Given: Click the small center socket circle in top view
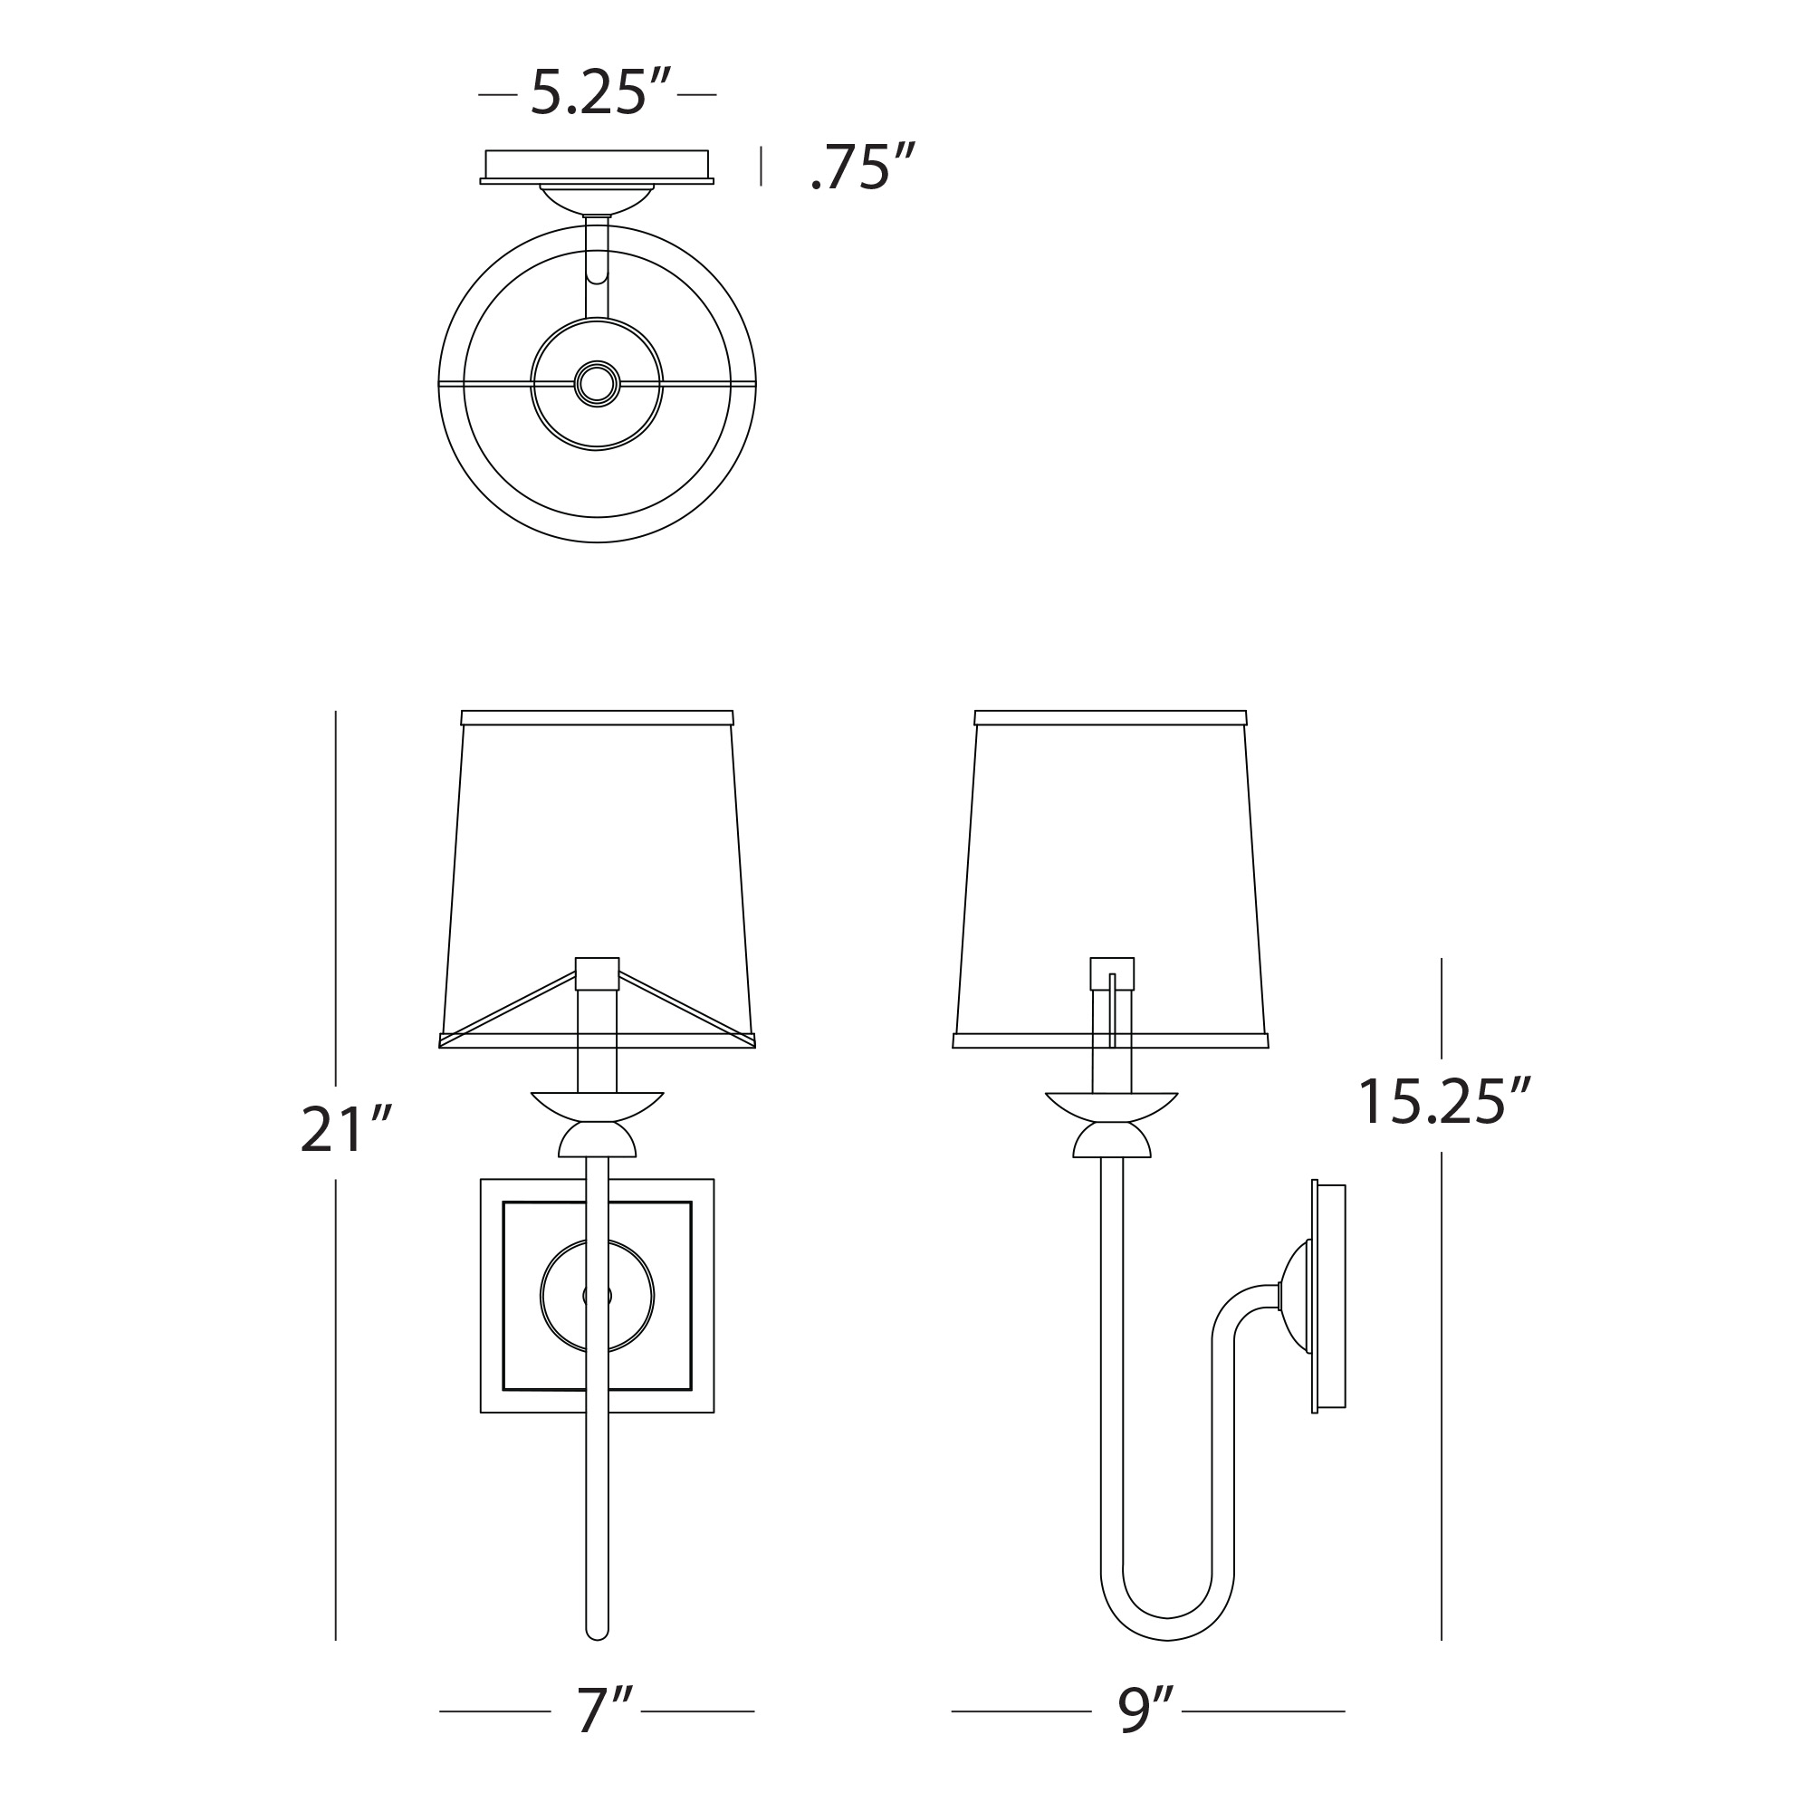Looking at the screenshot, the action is coord(597,383).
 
